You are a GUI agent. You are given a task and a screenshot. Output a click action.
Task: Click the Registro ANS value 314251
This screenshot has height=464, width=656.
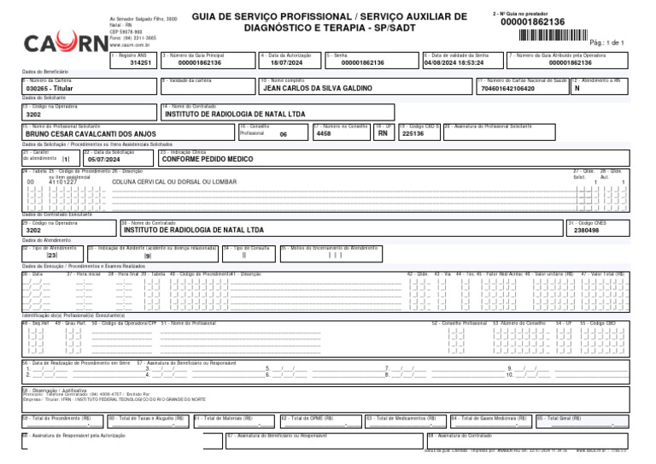click(x=140, y=63)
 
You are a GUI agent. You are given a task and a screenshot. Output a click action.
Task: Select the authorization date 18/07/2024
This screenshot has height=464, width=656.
click(x=287, y=63)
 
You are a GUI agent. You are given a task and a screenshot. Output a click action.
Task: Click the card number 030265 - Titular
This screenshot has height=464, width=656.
click(x=51, y=88)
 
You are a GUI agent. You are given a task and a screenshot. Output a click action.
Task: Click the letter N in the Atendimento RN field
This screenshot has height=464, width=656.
click(x=577, y=88)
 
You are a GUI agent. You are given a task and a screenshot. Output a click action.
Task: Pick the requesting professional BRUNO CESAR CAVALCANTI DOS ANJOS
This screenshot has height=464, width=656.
click(x=91, y=134)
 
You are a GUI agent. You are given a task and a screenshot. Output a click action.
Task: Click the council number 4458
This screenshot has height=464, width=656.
click(x=324, y=133)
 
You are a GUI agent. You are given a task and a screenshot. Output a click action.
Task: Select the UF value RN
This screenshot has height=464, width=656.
click(x=383, y=133)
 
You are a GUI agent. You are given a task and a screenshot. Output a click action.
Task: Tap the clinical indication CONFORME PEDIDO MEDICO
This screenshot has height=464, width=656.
click(x=208, y=159)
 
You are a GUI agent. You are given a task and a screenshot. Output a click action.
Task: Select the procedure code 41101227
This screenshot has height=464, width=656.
click(x=62, y=182)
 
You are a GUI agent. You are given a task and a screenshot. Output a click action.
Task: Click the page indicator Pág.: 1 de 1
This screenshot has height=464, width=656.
click(x=607, y=42)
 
